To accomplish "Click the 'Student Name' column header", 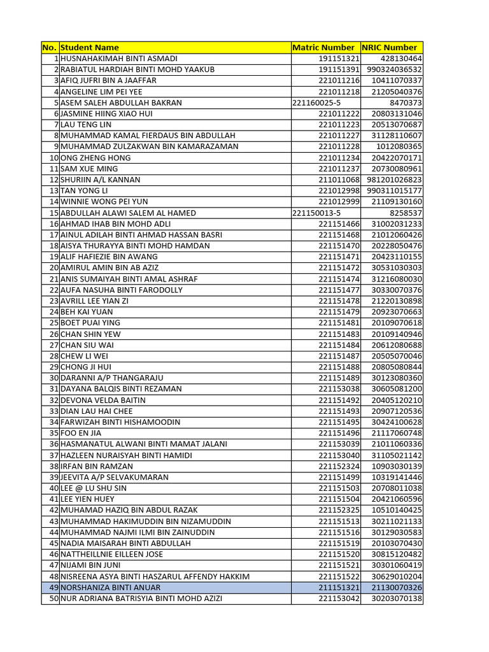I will (90, 47).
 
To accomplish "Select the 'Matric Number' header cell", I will (323, 47).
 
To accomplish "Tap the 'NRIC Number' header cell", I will (390, 47).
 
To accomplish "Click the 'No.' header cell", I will (50, 47).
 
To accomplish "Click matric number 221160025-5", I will (316, 103).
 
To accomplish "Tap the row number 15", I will (53, 213).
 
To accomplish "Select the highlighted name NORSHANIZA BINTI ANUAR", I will (110, 587).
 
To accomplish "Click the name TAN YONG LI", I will (84, 190).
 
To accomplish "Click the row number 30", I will (53, 378).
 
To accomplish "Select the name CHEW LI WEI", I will (83, 356).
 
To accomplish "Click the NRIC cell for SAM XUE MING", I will (397, 169).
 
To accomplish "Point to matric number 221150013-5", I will (316, 213).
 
